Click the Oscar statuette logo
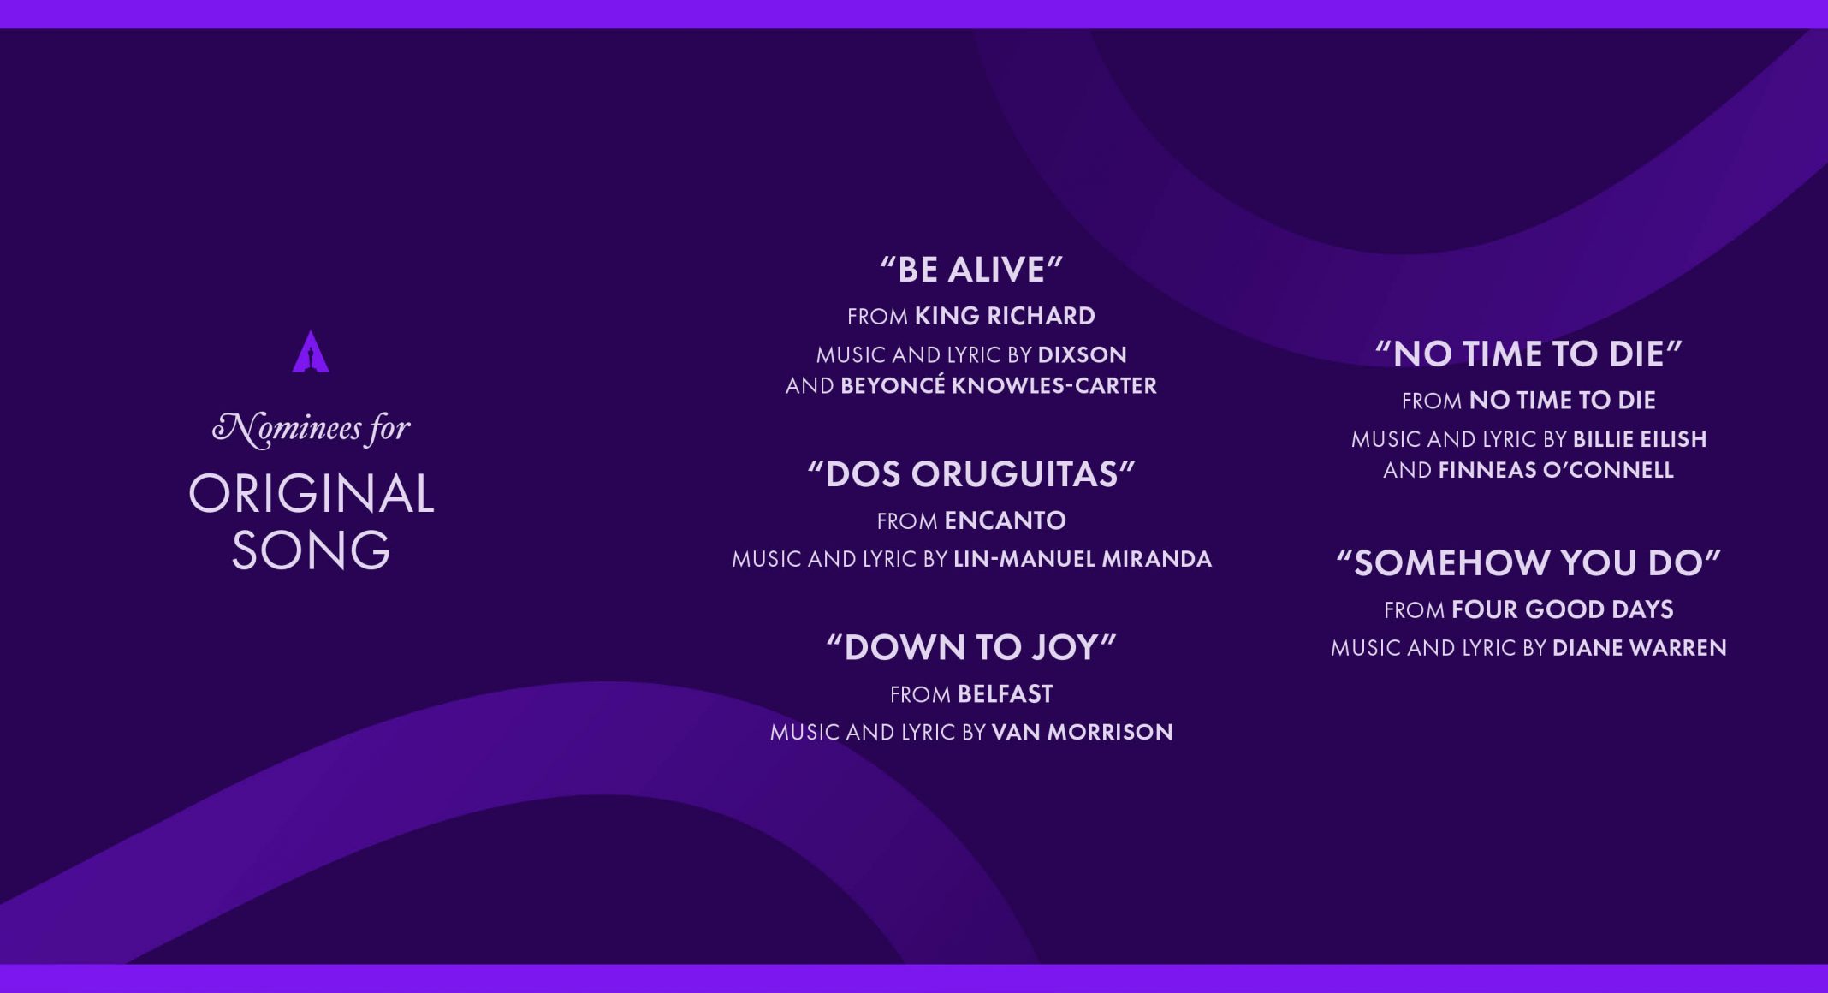click(x=311, y=352)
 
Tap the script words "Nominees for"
click(x=312, y=428)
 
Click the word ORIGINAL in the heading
click(x=312, y=494)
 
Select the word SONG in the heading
click(x=312, y=550)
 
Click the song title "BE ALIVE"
click(x=971, y=270)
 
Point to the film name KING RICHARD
click(x=1005, y=316)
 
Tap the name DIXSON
click(x=1083, y=354)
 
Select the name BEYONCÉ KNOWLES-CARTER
click(x=999, y=385)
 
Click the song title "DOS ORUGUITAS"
click(x=971, y=474)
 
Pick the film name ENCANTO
click(x=1006, y=520)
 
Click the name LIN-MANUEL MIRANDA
click(x=1083, y=559)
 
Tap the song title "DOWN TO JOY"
click(x=971, y=648)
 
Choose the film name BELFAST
click(x=1006, y=694)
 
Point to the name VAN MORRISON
click(x=1083, y=732)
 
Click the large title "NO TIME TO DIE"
click(x=1528, y=354)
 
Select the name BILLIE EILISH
click(x=1640, y=439)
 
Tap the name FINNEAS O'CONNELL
click(x=1556, y=470)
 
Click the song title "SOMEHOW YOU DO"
click(x=1528, y=563)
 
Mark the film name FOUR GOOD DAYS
click(x=1563, y=609)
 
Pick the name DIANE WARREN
click(x=1640, y=648)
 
